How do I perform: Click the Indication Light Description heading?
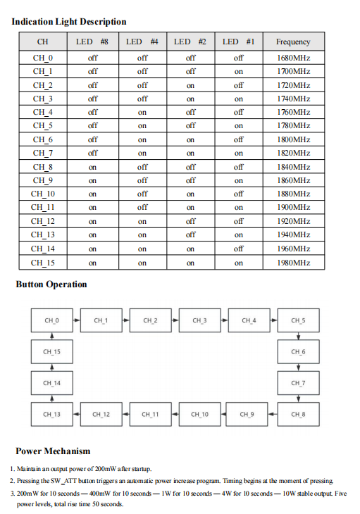pos(69,22)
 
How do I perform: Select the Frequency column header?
pos(293,42)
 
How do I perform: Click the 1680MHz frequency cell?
pos(293,58)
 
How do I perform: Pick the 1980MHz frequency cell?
pos(293,263)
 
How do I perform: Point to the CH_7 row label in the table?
pos(42,153)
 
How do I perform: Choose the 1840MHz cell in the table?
pos(293,167)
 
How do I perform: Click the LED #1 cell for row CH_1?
pos(238,71)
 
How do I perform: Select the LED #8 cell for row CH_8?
pos(92,167)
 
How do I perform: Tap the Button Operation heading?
pos(51,284)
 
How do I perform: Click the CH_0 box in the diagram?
pos(51,320)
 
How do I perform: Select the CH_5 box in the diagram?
pos(298,320)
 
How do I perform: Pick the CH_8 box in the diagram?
pos(298,414)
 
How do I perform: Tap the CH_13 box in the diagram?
pos(51,414)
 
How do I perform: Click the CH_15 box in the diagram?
pos(51,351)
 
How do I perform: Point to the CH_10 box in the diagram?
pos(199,414)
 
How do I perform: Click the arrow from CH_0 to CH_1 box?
pos(75,320)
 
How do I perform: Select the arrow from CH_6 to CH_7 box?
pos(298,367)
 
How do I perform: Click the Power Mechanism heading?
pos(53,451)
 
